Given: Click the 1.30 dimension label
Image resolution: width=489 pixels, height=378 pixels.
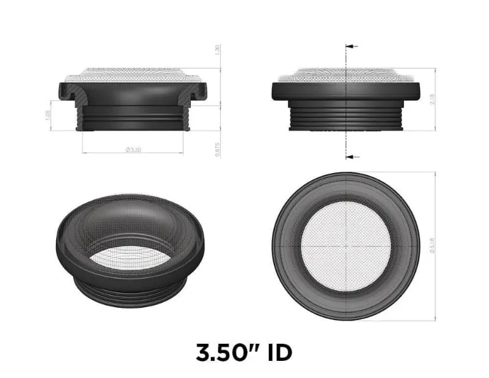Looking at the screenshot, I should tap(218, 50).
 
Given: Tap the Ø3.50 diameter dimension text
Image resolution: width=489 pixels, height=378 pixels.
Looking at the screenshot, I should tap(133, 150).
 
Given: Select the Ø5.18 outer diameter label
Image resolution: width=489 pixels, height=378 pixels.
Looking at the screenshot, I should tap(433, 246).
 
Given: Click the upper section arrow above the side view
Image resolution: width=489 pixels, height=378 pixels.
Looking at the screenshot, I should tap(351, 46).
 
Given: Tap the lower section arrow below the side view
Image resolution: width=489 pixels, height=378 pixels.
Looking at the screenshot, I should tap(351, 157).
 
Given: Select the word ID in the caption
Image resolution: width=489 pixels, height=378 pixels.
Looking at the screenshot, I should tap(276, 353).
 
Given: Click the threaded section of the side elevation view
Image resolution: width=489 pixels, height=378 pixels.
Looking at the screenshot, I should tap(346, 116).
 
